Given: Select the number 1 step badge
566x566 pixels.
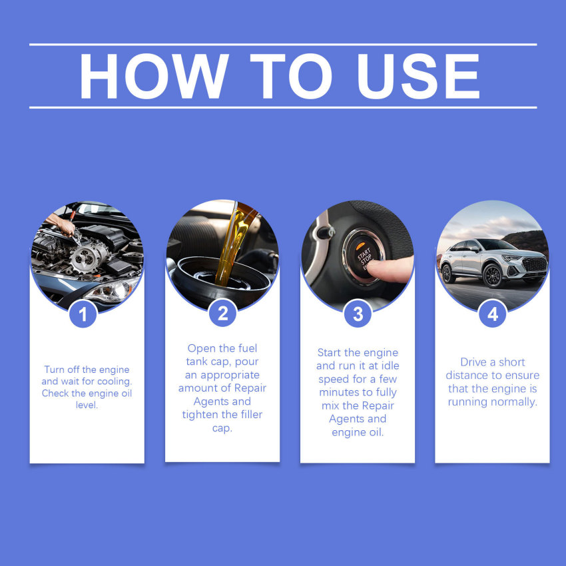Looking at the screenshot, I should (x=83, y=314).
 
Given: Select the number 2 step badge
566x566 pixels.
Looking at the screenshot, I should (x=222, y=314).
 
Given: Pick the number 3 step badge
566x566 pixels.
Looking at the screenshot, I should (x=358, y=314).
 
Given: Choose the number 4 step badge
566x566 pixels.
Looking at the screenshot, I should (x=493, y=314).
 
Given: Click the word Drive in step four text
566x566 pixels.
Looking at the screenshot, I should (x=474, y=362).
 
